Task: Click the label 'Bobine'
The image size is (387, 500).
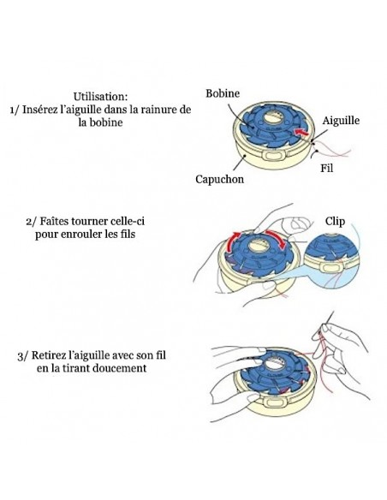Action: tap(223, 93)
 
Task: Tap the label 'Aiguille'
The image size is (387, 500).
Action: tap(341, 121)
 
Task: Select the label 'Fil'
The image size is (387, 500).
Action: tap(326, 168)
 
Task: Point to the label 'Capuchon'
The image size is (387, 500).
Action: tap(220, 179)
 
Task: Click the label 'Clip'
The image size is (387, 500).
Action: tap(335, 221)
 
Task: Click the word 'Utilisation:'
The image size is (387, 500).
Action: tap(100, 96)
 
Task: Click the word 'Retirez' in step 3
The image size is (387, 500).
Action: tap(47, 355)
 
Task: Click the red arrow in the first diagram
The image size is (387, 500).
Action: tap(301, 131)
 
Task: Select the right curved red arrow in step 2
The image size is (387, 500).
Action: tap(277, 237)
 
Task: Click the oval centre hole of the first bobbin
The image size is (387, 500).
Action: tap(273, 117)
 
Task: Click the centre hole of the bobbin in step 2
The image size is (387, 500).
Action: tap(257, 246)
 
